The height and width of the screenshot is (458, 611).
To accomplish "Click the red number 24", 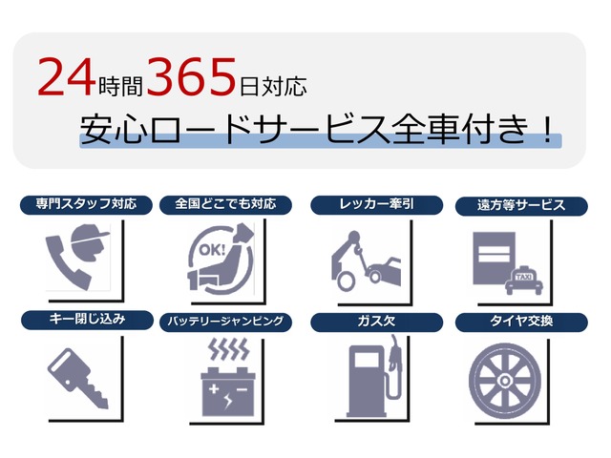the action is pyautogui.click(x=67, y=76).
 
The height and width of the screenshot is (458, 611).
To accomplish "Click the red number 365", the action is pyautogui.click(x=192, y=76).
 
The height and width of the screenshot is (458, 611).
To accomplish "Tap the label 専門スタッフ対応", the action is pyautogui.click(x=86, y=204).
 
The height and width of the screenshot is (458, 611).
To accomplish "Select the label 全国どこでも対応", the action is pyautogui.click(x=225, y=203).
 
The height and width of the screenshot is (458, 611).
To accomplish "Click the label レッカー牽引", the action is pyautogui.click(x=376, y=204).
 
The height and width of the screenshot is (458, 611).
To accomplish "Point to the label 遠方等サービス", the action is pyautogui.click(x=521, y=205).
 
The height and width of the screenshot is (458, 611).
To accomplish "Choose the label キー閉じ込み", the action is pyautogui.click(x=87, y=320).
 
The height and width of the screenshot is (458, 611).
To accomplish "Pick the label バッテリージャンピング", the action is pyautogui.click(x=225, y=322).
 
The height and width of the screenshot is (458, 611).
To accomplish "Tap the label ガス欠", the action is pyautogui.click(x=376, y=322).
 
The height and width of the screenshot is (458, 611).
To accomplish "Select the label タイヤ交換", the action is pyautogui.click(x=521, y=322).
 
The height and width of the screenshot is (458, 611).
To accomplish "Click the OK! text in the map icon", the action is pyautogui.click(x=212, y=250).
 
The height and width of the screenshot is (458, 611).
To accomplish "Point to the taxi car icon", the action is pyautogui.click(x=524, y=281).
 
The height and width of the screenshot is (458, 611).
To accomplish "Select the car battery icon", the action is pyautogui.click(x=228, y=391).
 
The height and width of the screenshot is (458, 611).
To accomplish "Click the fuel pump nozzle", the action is pyautogui.click(x=395, y=354).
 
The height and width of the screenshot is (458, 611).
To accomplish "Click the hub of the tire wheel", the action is pyautogui.click(x=504, y=381).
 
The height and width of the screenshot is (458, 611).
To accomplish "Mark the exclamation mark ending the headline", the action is pyautogui.click(x=548, y=130).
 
